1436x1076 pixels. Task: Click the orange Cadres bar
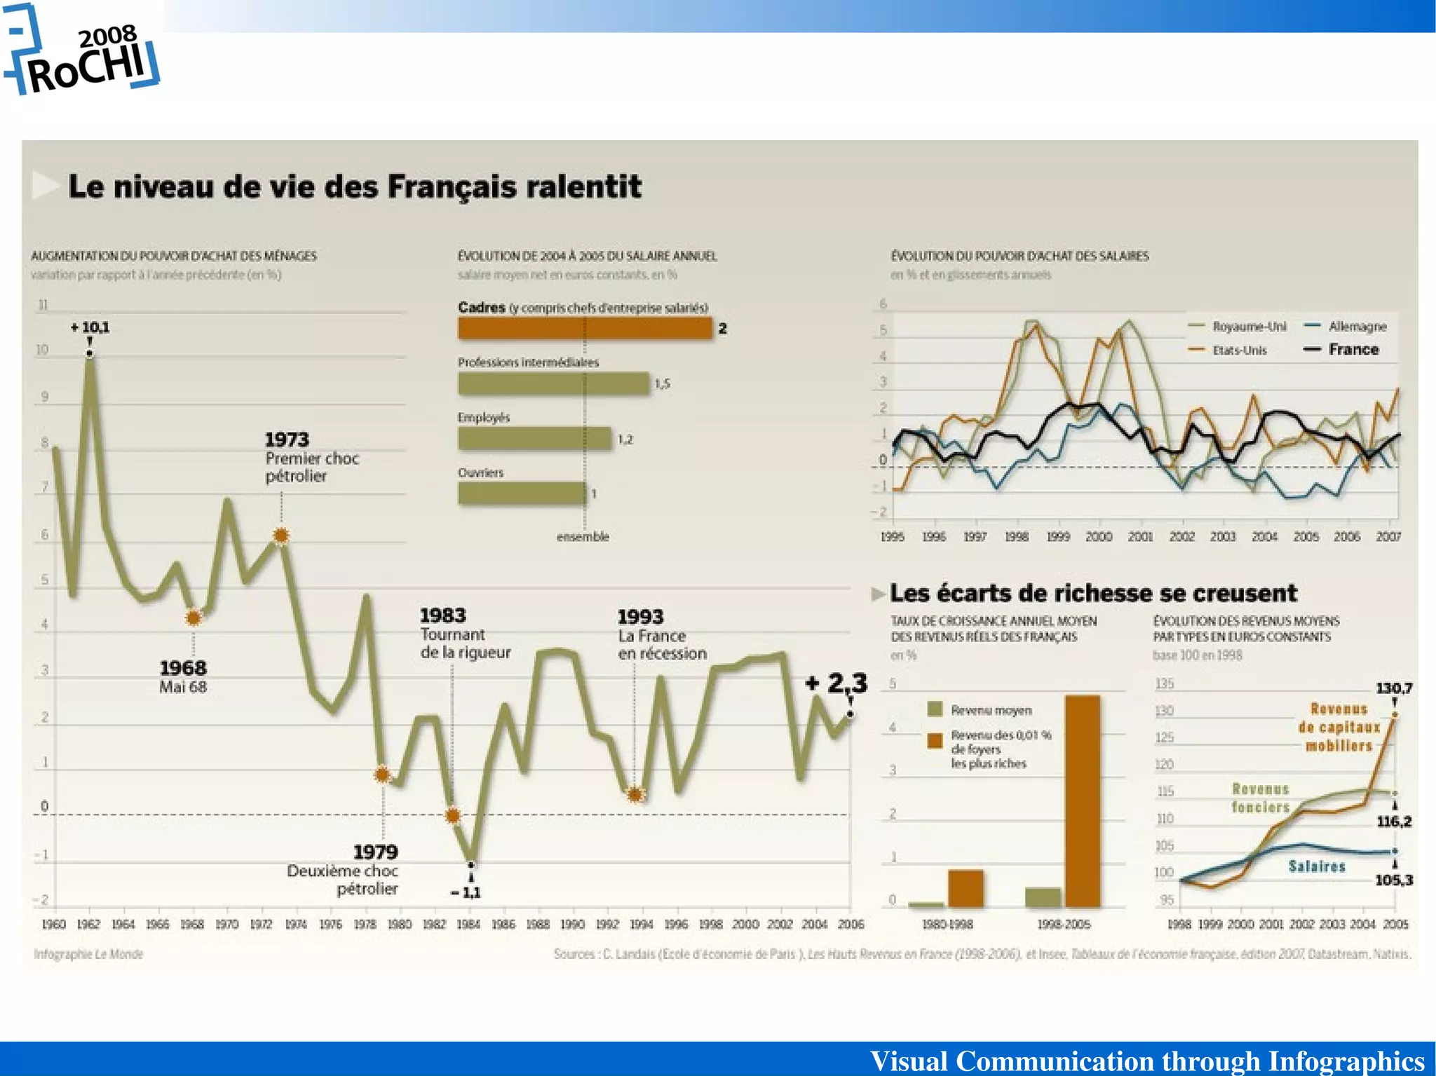click(x=585, y=328)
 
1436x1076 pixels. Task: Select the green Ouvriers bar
click(x=522, y=493)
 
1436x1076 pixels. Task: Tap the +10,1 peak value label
click(x=90, y=327)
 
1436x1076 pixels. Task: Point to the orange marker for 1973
click(x=280, y=536)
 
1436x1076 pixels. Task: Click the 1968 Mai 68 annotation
click(x=183, y=676)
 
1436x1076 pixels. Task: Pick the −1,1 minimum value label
click(x=466, y=892)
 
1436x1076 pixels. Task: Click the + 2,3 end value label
click(x=836, y=682)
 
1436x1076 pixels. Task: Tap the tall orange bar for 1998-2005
click(x=1082, y=801)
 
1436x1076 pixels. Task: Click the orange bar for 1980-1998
click(x=966, y=888)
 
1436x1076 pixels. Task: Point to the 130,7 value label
click(x=1393, y=688)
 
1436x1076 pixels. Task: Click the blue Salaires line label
click(x=1317, y=866)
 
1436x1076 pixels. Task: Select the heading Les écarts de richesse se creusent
click(x=1092, y=593)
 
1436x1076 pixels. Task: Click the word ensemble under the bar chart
click(x=583, y=537)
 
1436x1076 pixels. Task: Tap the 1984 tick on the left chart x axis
click(x=468, y=924)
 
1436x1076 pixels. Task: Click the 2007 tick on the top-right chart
click(x=1388, y=536)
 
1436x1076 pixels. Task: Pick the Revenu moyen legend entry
click(x=990, y=710)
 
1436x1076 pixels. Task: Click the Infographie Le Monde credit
click(x=88, y=954)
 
